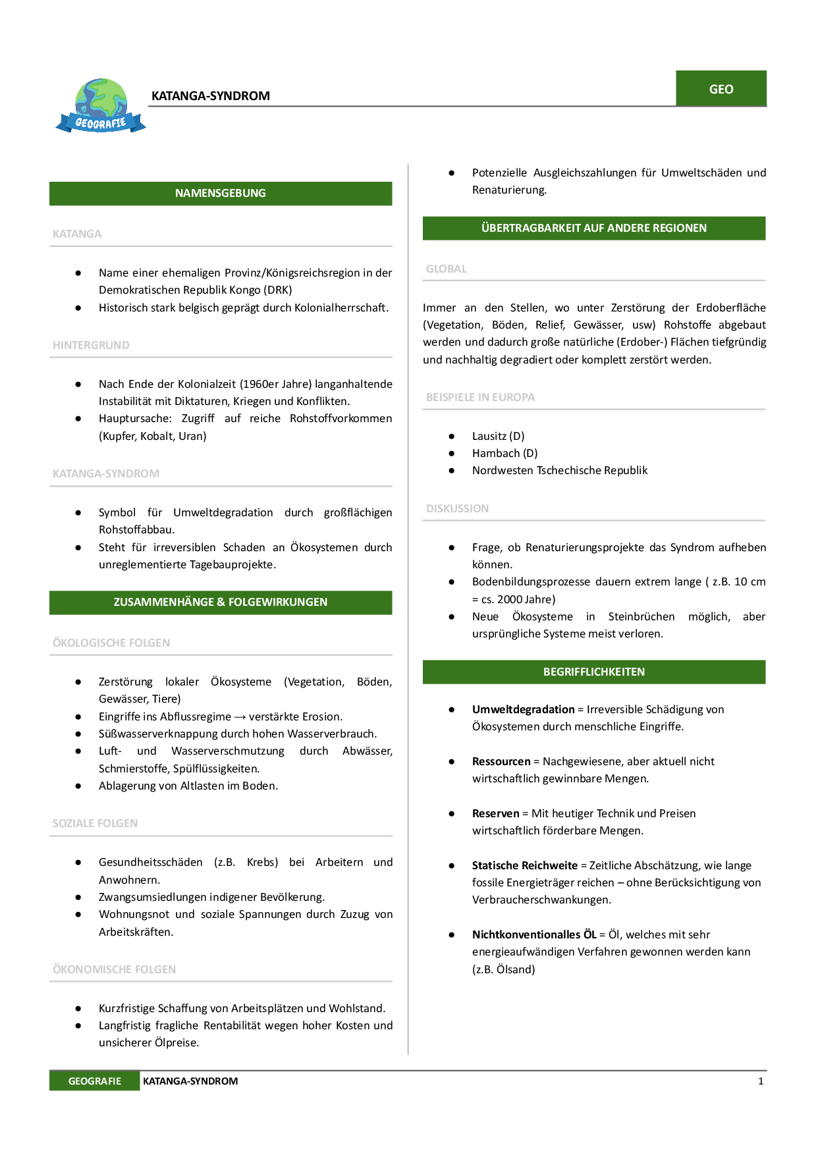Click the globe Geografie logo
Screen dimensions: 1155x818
(x=101, y=106)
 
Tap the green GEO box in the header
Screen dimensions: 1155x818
(x=721, y=89)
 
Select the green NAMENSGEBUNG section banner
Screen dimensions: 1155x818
(x=221, y=194)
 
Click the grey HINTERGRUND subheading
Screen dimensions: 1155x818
(x=91, y=345)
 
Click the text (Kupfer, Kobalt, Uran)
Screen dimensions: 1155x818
(x=153, y=436)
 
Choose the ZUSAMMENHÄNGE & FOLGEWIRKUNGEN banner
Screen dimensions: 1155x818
(x=221, y=603)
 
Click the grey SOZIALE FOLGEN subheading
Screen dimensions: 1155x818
(x=95, y=823)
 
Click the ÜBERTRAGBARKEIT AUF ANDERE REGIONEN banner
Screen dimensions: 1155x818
(x=593, y=228)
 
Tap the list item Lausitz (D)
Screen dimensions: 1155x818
(x=498, y=436)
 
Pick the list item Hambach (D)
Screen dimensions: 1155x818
(x=504, y=453)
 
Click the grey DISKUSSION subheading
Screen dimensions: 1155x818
(x=457, y=508)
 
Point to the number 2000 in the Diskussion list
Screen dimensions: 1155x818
(x=510, y=599)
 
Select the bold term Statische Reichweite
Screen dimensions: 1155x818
(x=524, y=865)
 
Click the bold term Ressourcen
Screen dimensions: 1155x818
(x=501, y=761)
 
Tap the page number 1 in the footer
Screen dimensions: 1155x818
(x=761, y=1081)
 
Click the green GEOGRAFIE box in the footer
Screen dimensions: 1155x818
(x=95, y=1081)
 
